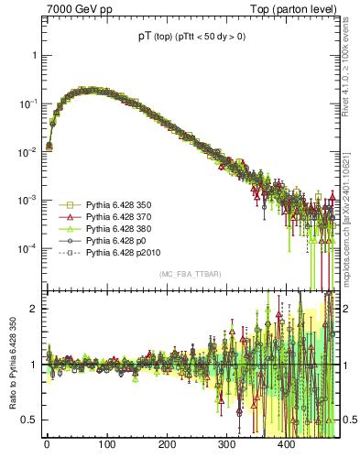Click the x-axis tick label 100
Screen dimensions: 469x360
[x=106, y=444]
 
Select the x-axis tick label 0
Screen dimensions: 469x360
[x=46, y=444]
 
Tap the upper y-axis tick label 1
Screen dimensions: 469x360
[x=34, y=55]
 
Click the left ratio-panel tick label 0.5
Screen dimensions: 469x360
[x=27, y=420]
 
